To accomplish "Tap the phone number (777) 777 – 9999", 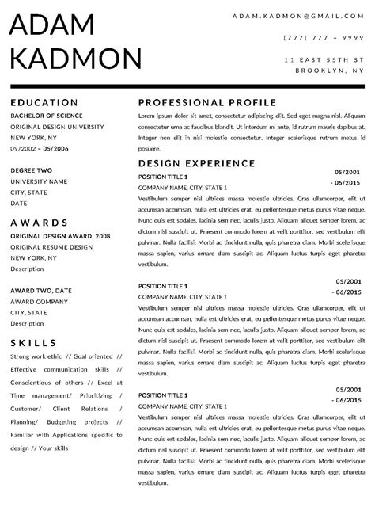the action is point(323,37).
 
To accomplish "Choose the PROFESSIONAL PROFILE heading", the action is point(206,102).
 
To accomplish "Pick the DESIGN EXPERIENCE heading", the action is point(196,162).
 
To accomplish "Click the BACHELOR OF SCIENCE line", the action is point(46,116).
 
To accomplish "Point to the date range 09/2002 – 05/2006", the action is point(40,148).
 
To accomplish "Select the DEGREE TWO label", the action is point(32,170).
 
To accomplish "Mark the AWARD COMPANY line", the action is point(39,301).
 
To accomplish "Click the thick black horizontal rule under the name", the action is point(187,85).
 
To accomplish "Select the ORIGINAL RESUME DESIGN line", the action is point(51,247).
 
